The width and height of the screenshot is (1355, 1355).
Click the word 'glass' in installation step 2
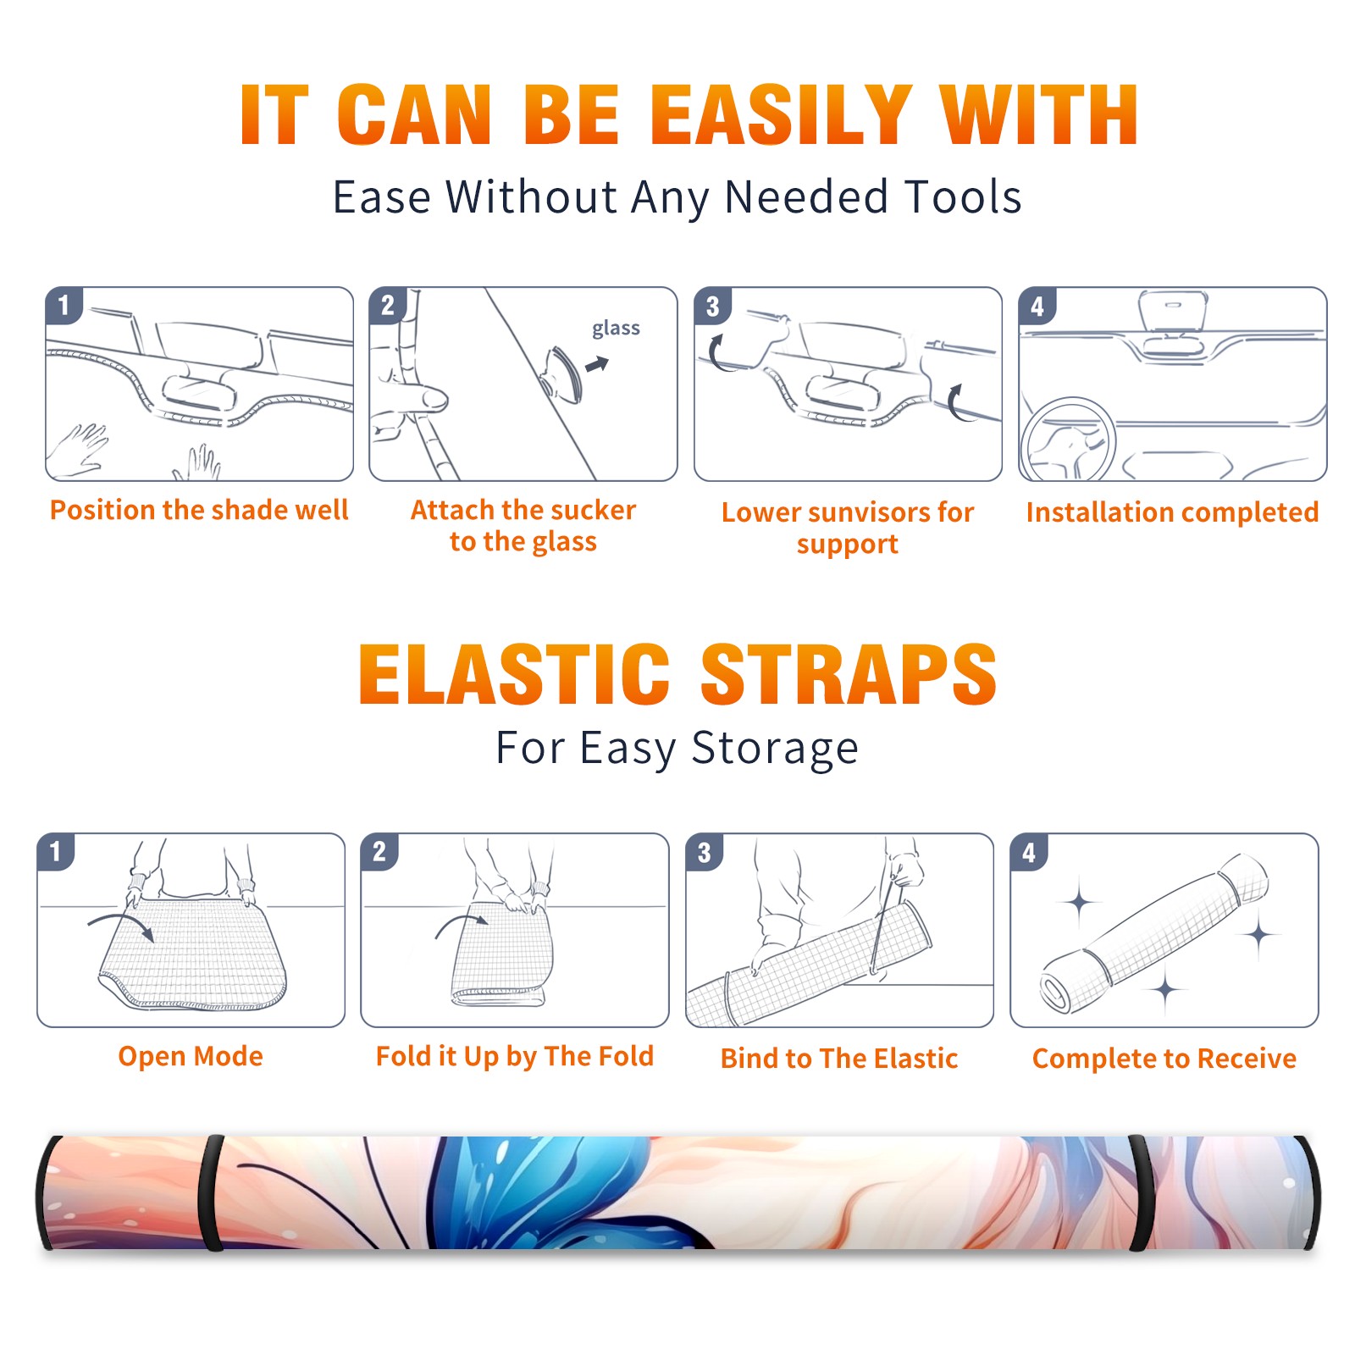(x=616, y=329)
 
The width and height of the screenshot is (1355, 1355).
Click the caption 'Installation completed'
(x=1172, y=512)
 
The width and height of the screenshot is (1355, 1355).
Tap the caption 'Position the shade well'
(x=199, y=510)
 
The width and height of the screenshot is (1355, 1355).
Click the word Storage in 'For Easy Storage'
(x=775, y=749)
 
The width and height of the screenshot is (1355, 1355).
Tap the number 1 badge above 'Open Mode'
(x=56, y=852)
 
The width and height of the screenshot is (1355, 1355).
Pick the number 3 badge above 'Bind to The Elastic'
(x=705, y=852)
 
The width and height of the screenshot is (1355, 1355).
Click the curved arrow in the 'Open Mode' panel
(x=120, y=925)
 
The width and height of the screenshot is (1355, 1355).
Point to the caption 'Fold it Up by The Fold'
(x=515, y=1056)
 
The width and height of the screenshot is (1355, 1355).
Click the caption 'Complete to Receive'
(x=1164, y=1059)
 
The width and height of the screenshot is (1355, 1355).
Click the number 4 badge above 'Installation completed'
(x=1037, y=306)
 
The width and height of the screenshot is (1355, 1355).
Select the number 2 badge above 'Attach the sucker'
(x=388, y=306)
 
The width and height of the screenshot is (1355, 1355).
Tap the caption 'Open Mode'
(x=191, y=1056)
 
